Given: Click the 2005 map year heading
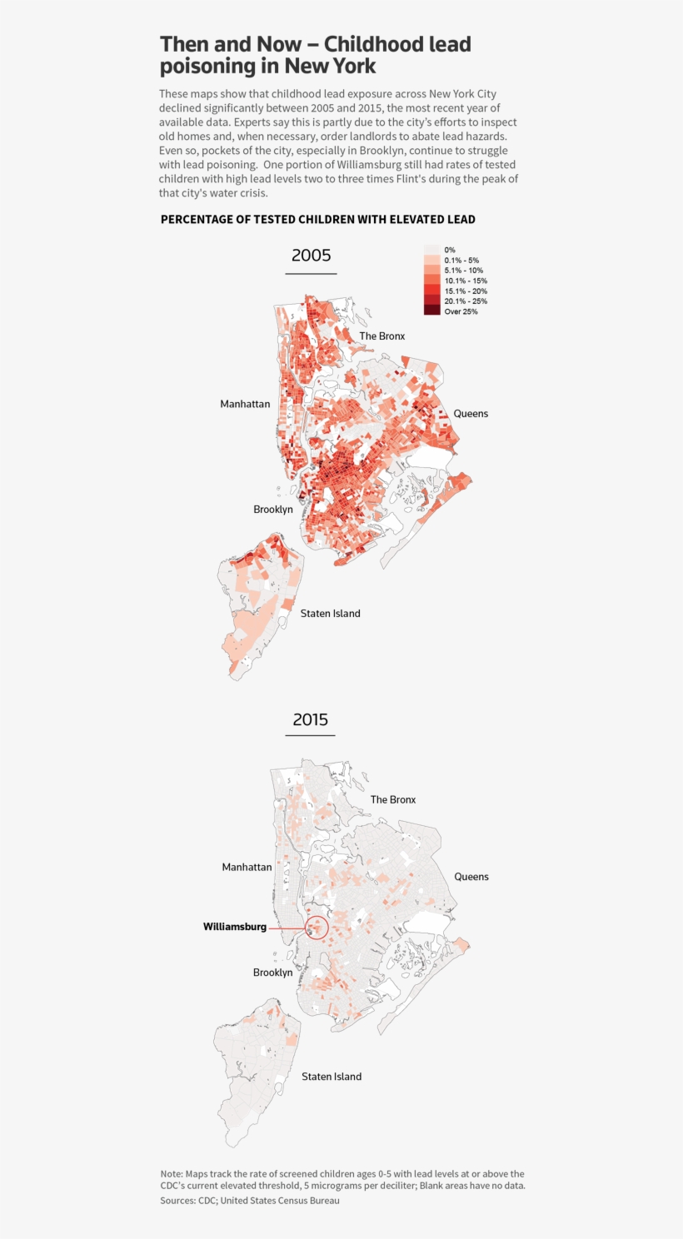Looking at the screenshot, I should coord(311,256).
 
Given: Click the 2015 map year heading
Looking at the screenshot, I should coord(311,719).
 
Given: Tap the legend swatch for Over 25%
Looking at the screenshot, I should coord(431,311).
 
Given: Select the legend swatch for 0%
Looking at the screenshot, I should coord(431,250).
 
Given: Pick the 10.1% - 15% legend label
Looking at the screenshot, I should coord(466,281).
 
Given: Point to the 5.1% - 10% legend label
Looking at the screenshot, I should coord(463,271).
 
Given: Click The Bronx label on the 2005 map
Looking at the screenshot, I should coord(381,336).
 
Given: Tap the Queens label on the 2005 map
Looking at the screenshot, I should coord(471,414).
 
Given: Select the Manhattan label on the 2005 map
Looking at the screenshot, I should coord(245,404).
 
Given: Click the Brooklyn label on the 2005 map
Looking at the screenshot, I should coord(273,510).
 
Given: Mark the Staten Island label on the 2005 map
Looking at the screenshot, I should coord(330,614).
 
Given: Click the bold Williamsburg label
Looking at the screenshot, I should coord(235,927).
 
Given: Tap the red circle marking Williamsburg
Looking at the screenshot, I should coord(317,928).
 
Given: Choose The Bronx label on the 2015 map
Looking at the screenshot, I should coord(392,799).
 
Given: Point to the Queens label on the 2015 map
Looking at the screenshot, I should coord(471,877).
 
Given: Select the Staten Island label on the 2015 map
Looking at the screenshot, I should coord(332,1077).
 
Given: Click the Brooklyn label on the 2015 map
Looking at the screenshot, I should coord(273,973).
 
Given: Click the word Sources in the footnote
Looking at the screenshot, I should coord(177,1201).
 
